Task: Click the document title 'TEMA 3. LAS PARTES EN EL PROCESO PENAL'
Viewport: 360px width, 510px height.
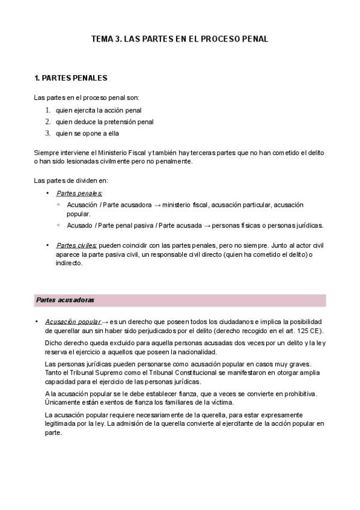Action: tap(180, 39)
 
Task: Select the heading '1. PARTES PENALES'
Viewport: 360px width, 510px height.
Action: tap(71, 78)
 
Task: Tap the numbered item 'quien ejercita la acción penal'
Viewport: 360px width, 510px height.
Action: tap(99, 110)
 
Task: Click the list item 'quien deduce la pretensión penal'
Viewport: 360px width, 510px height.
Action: tap(105, 121)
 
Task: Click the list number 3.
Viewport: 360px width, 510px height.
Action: tap(47, 133)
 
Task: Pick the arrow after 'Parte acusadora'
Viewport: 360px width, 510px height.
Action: tap(157, 205)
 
